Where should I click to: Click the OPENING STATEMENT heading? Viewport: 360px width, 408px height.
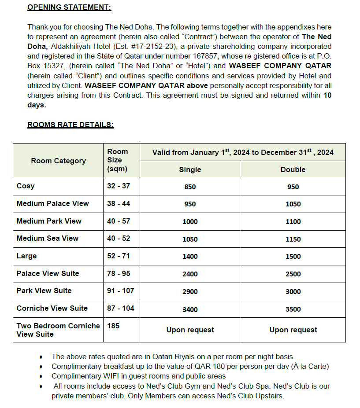point(69,7)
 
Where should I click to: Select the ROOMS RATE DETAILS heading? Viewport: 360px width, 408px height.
point(71,125)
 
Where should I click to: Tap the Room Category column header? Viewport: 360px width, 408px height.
point(58,161)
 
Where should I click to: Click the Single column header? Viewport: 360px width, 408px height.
point(190,169)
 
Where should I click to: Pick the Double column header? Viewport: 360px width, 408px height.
point(293,169)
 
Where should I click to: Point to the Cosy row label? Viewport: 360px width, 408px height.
point(26,186)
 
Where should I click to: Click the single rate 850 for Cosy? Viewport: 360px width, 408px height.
point(190,187)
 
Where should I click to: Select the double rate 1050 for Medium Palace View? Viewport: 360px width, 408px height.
point(293,204)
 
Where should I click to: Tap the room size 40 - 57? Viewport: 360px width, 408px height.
point(119,221)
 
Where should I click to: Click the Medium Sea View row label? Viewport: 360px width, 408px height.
point(48,239)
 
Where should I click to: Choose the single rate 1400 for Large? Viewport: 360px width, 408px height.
point(190,257)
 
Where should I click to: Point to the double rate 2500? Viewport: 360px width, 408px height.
point(293,274)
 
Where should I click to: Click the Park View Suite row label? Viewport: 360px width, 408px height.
point(44,291)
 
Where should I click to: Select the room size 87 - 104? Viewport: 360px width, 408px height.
point(121,309)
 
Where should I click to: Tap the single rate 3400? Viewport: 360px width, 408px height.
point(190,309)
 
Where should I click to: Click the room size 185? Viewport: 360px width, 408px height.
point(113,326)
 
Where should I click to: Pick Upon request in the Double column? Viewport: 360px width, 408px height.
point(293,330)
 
